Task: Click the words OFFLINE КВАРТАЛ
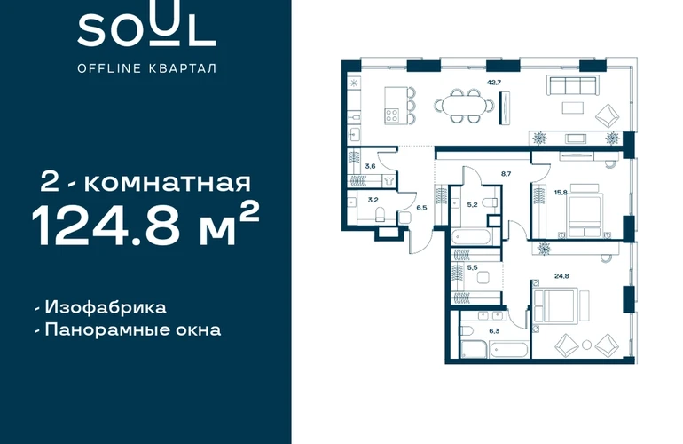pos(146,68)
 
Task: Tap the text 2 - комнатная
pos(145,182)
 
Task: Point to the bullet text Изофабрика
pos(105,307)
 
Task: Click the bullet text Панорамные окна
pos(133,329)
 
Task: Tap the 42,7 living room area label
pos(493,82)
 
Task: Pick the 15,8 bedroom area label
pos(561,193)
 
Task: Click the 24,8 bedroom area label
pos(561,275)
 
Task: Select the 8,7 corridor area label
pos(506,173)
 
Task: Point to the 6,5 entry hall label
pos(421,208)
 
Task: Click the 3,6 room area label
pos(370,166)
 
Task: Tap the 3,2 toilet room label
pos(373,200)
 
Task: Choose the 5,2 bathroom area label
pos(472,204)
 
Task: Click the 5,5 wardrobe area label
pos(472,267)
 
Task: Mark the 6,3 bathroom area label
pos(494,331)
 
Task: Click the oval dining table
pos(464,106)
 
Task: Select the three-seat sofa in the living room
pos(573,85)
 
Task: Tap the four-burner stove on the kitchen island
pos(391,115)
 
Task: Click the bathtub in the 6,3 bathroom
pos(509,350)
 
